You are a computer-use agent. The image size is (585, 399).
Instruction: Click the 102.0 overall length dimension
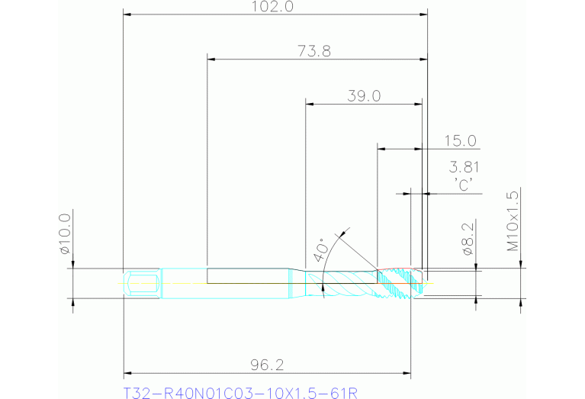tap(275, 7)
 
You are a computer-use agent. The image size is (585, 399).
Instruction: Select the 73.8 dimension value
tap(314, 51)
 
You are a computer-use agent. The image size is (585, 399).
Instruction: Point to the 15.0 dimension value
tap(460, 140)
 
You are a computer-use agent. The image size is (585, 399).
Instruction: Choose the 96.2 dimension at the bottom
tap(266, 365)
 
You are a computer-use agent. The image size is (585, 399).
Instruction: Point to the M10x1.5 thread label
tap(513, 221)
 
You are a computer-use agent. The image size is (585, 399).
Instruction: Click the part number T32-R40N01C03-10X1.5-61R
tap(240, 392)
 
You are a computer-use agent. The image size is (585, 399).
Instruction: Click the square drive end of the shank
tap(142, 283)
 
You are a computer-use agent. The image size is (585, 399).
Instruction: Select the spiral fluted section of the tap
tap(341, 284)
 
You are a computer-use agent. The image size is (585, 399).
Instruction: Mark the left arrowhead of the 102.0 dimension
tap(128, 14)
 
